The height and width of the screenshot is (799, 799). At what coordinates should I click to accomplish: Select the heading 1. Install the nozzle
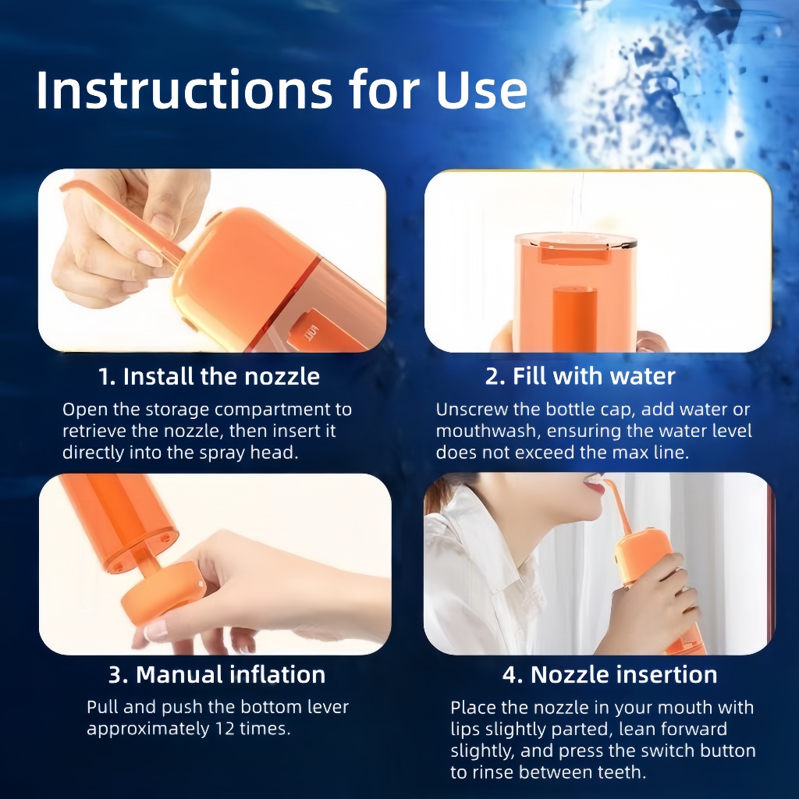pyautogui.click(x=209, y=377)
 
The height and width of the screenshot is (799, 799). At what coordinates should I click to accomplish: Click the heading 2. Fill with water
pyautogui.click(x=581, y=376)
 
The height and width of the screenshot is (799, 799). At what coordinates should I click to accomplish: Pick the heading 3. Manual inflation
pyautogui.click(x=217, y=675)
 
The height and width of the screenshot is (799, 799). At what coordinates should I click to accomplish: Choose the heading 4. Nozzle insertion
pyautogui.click(x=610, y=675)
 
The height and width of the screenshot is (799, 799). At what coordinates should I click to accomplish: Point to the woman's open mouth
pyautogui.click(x=594, y=482)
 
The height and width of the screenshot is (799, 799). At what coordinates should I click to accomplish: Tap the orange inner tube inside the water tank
pyautogui.click(x=575, y=319)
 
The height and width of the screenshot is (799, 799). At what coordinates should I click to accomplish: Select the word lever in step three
pyautogui.click(x=328, y=707)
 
